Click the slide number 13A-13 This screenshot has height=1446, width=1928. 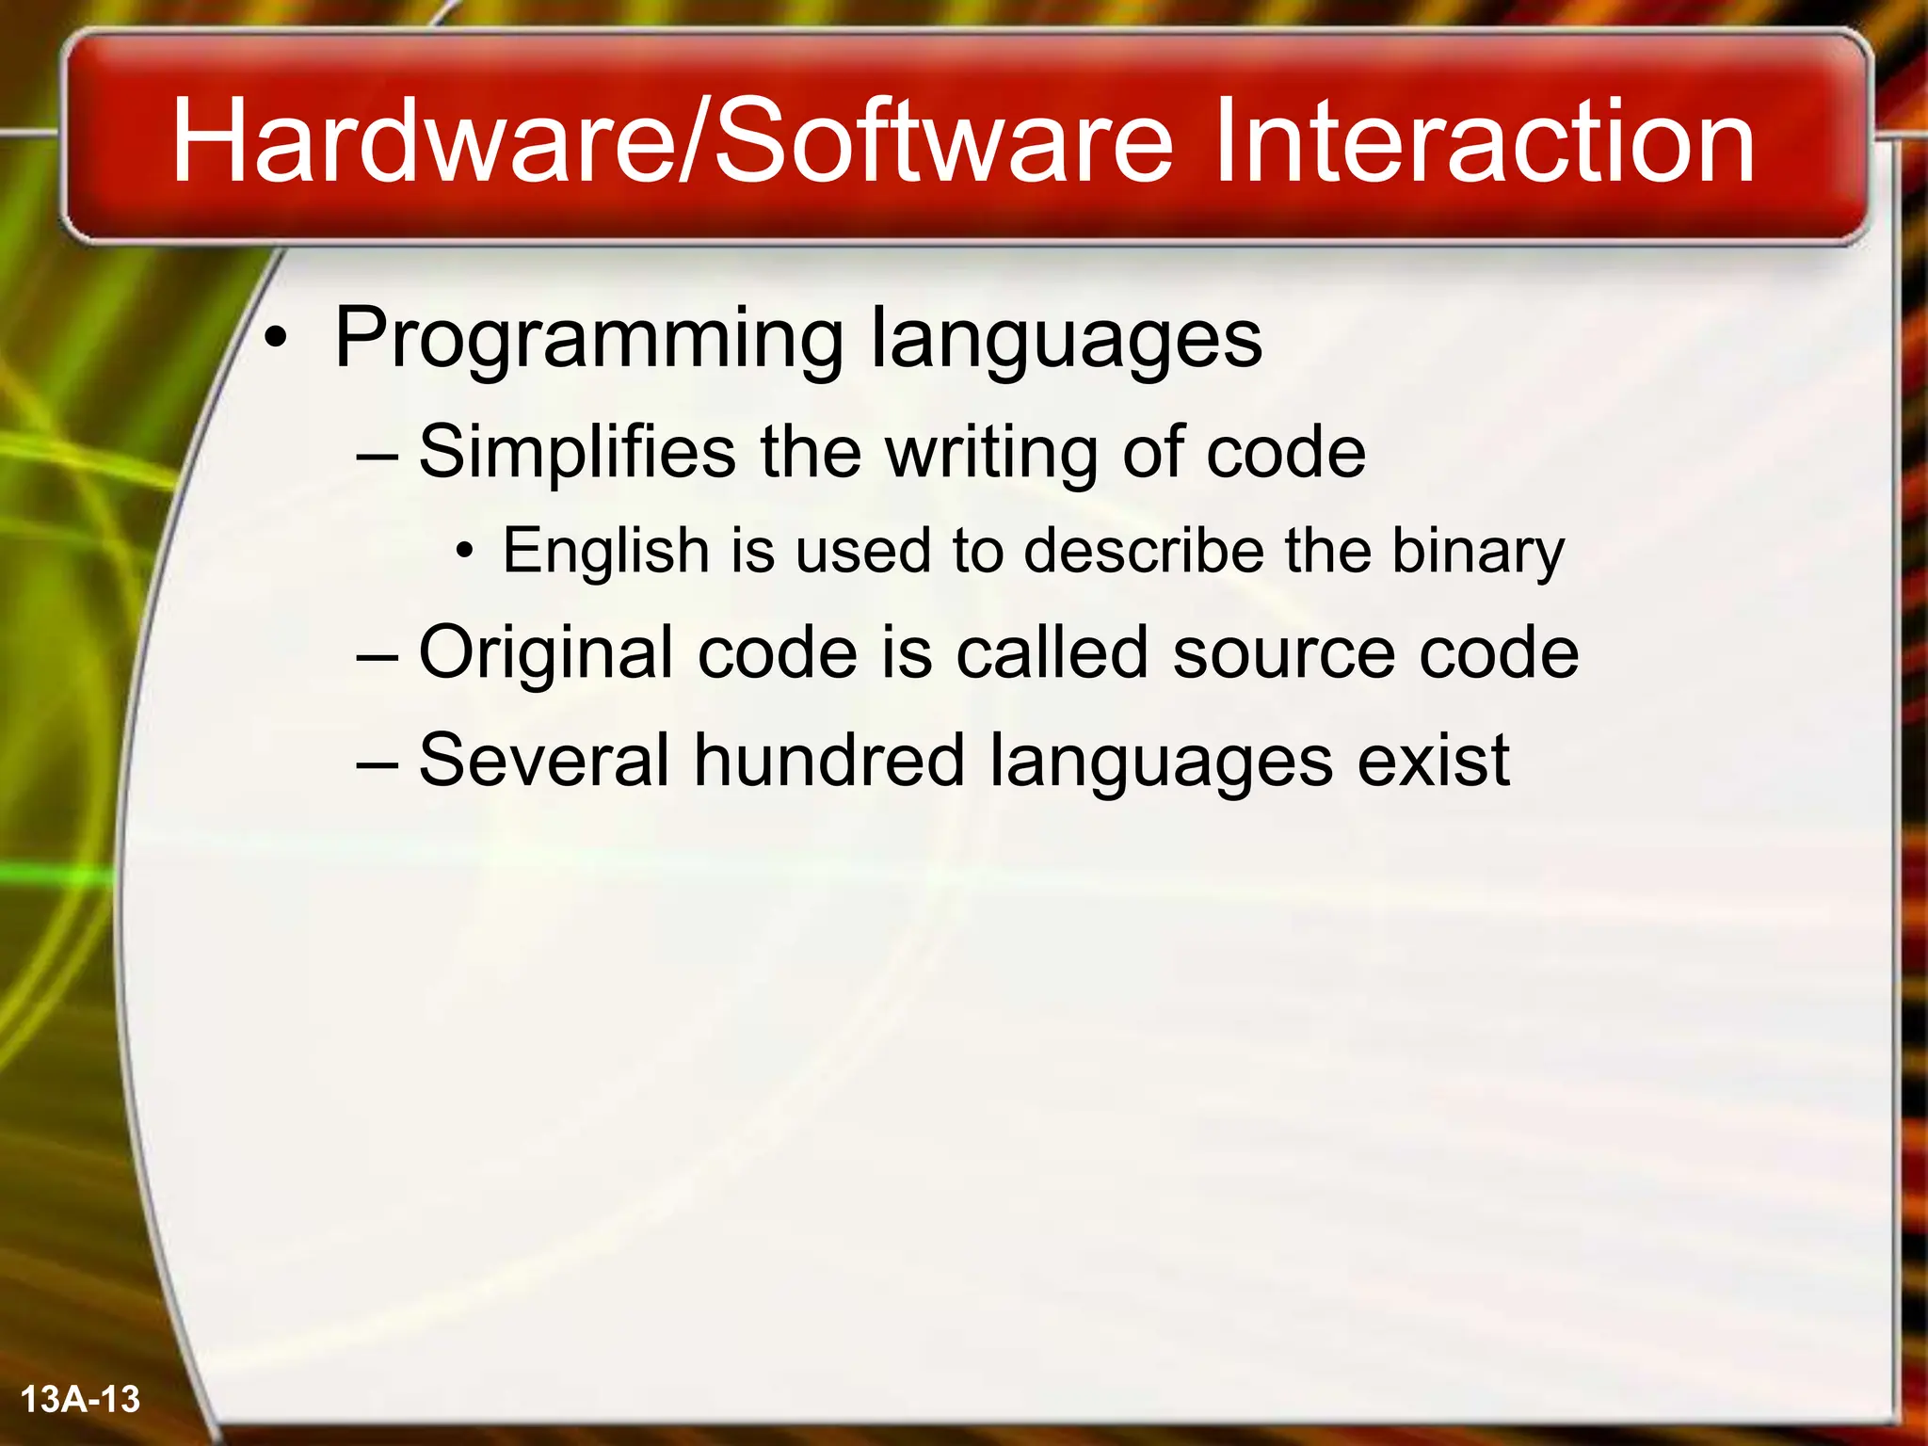[80, 1399]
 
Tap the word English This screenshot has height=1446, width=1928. [605, 552]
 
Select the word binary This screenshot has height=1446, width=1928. [1477, 552]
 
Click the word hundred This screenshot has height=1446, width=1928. [829, 760]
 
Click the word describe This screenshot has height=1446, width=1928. [1143, 550]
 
